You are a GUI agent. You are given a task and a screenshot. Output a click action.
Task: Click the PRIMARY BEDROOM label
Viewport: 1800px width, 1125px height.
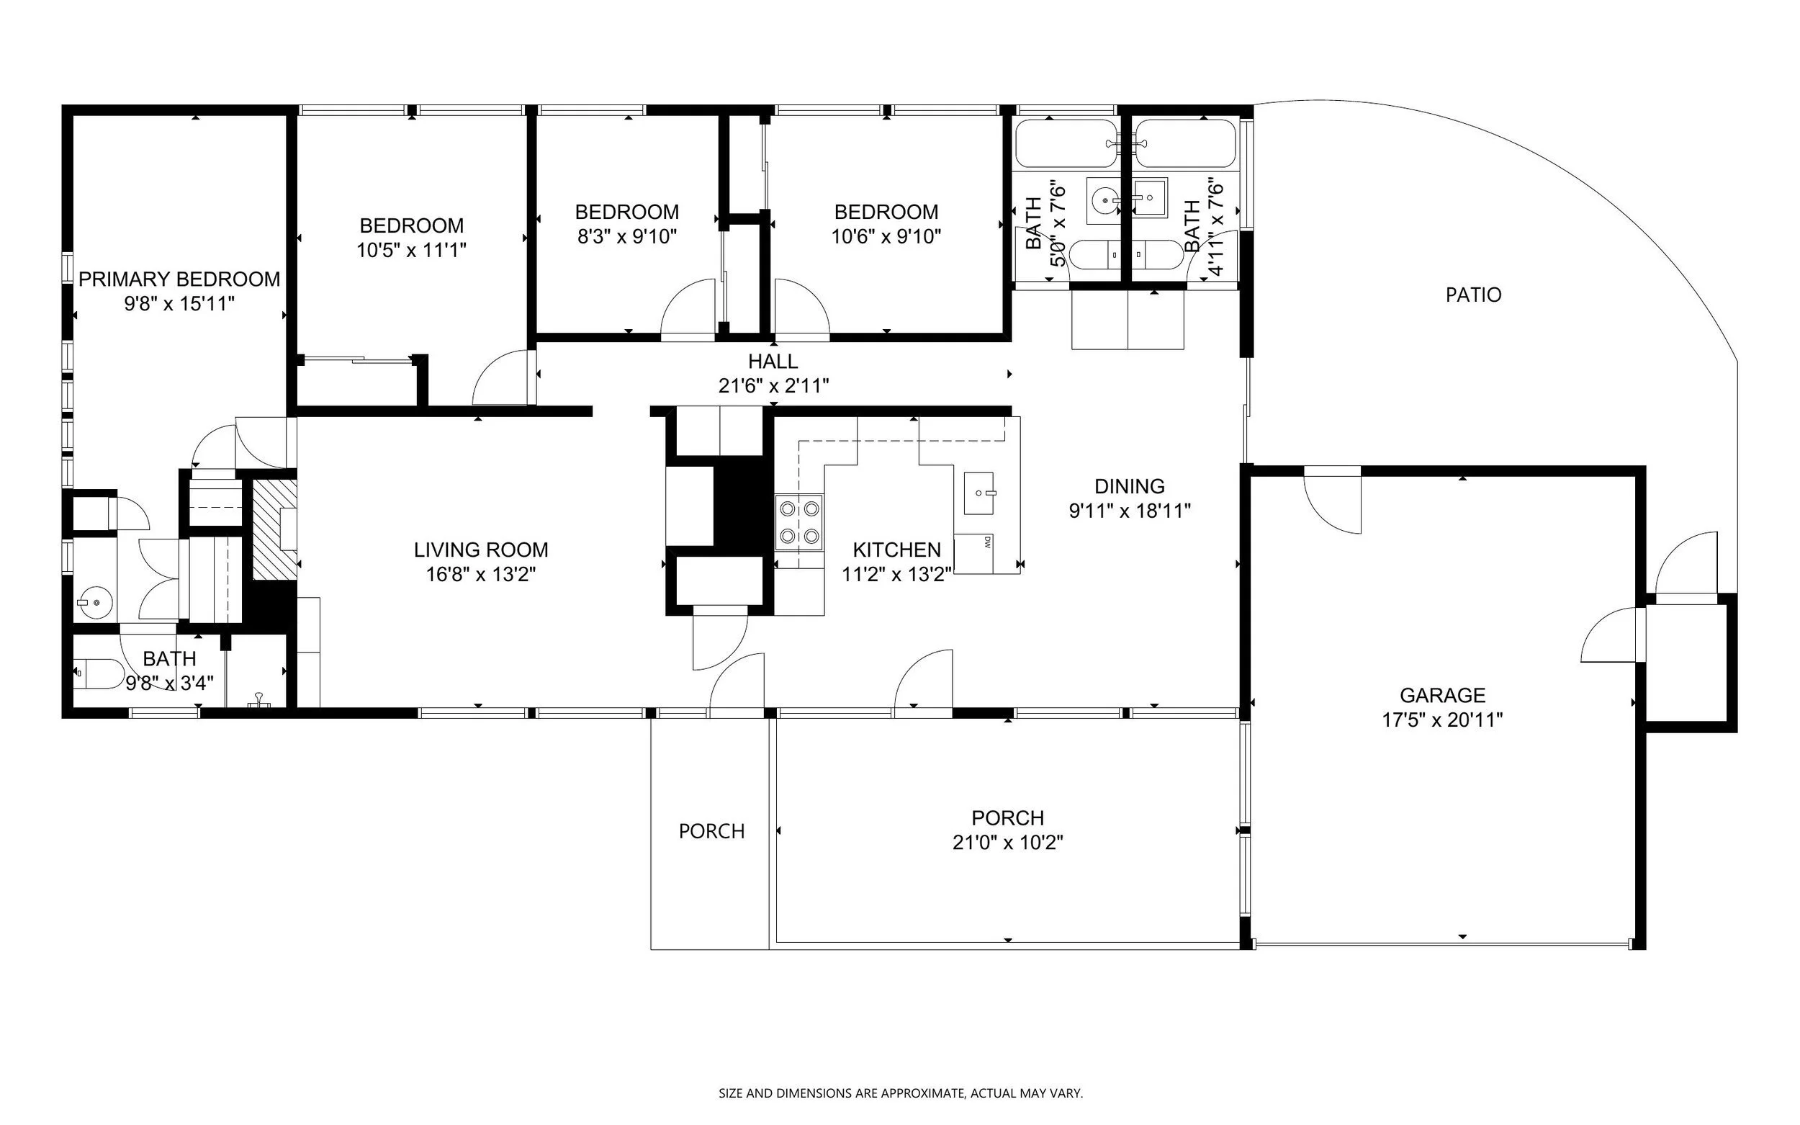(x=179, y=279)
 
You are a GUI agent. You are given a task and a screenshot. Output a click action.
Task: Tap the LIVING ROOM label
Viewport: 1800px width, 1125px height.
(x=481, y=550)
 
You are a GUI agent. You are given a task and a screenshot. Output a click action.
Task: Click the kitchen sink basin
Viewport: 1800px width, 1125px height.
(x=978, y=493)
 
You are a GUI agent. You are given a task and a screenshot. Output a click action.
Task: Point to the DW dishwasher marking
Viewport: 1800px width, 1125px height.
(x=987, y=542)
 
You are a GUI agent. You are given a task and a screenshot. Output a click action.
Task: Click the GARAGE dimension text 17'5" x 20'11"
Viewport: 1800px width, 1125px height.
(x=1442, y=720)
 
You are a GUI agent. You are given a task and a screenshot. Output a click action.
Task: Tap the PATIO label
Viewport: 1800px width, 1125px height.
(x=1473, y=295)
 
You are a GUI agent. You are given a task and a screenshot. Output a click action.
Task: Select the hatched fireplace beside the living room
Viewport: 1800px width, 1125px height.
(x=275, y=529)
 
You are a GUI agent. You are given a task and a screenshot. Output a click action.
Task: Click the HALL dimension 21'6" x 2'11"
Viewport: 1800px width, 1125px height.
(x=773, y=385)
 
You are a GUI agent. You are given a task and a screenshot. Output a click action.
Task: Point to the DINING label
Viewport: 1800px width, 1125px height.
(x=1129, y=487)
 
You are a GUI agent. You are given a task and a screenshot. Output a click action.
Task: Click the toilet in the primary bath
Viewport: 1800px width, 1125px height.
(x=99, y=673)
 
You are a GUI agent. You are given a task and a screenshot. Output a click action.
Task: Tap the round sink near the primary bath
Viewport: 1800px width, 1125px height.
(x=95, y=602)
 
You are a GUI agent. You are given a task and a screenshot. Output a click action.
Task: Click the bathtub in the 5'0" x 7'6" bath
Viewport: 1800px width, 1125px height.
(x=1066, y=143)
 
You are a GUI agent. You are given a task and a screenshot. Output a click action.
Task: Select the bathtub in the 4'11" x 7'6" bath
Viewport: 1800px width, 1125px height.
(x=1186, y=143)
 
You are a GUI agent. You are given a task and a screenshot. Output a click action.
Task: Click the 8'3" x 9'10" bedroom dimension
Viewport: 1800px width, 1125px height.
(x=627, y=237)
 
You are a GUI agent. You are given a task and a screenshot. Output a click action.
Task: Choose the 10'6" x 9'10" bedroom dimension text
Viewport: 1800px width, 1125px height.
(x=886, y=237)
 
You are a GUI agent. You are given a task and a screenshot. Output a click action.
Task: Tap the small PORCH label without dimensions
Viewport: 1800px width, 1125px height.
(x=712, y=831)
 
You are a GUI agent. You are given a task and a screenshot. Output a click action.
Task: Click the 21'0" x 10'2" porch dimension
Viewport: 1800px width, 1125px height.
(x=1008, y=843)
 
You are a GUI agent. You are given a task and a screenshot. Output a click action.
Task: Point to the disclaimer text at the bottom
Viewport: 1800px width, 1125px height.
(x=901, y=1093)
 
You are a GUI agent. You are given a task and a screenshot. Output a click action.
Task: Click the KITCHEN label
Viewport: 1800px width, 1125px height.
(x=897, y=550)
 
